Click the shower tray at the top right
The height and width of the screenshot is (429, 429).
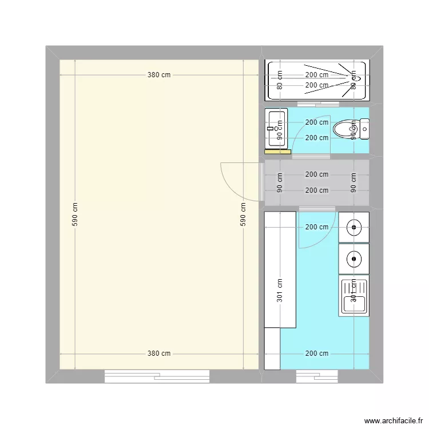click(x=316, y=80)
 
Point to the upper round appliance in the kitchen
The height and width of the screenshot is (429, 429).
click(x=353, y=227)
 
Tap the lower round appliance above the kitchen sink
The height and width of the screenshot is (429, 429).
click(x=353, y=259)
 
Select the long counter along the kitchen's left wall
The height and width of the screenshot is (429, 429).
click(x=280, y=269)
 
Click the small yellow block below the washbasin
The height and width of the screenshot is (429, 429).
click(x=277, y=152)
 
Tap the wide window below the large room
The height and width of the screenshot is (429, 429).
click(x=157, y=376)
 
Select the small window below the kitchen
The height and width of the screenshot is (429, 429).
click(x=317, y=376)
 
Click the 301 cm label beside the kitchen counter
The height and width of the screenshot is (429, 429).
click(x=280, y=291)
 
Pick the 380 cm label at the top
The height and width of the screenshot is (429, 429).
click(x=158, y=75)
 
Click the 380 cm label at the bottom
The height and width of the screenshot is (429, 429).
click(x=158, y=353)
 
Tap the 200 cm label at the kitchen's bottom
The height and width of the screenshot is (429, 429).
click(x=316, y=353)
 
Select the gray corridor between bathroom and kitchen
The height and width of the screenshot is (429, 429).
click(x=316, y=182)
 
